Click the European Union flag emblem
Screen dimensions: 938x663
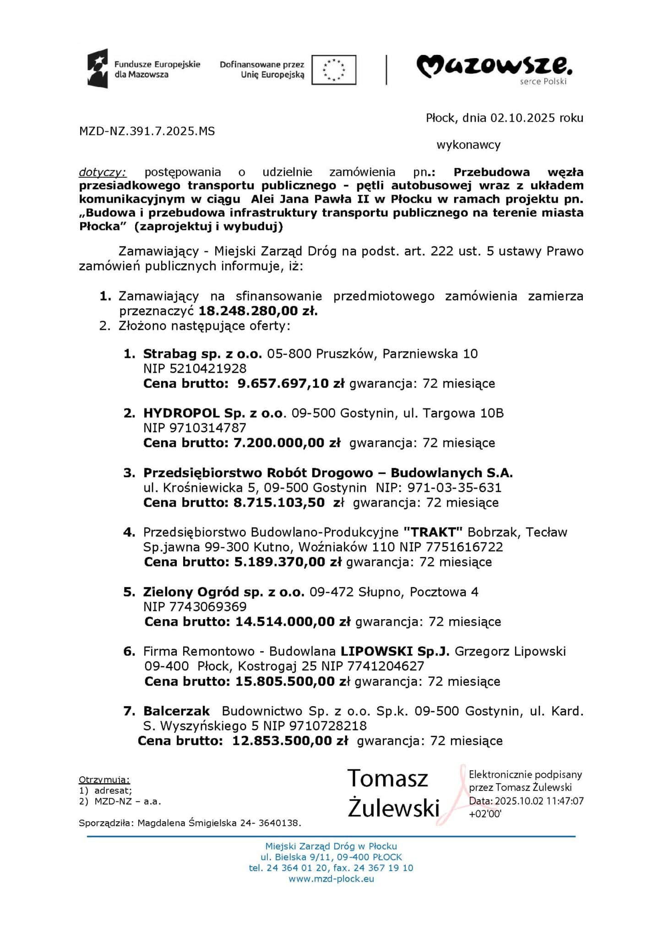333,70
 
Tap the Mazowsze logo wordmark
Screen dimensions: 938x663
494,67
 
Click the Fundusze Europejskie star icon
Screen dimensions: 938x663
98,69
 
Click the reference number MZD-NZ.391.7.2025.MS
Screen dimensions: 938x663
147,131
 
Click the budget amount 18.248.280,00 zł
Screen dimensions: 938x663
258,311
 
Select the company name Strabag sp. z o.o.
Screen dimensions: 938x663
202,354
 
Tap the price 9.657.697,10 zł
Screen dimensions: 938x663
291,383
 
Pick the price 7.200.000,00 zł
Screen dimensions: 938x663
287,443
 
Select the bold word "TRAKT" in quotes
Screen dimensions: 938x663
433,532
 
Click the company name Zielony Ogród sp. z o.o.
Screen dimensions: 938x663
223,592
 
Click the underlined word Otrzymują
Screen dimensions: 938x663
104,780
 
